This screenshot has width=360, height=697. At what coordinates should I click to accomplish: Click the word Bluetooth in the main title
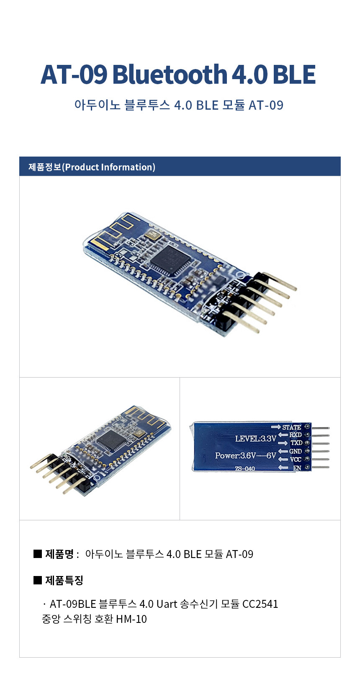(170, 75)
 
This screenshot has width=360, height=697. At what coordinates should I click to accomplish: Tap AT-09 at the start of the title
(74, 75)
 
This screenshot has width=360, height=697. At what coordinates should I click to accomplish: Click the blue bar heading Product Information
(180, 167)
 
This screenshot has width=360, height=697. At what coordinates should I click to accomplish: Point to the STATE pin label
(291, 427)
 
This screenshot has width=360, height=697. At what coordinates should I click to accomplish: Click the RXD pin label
(295, 435)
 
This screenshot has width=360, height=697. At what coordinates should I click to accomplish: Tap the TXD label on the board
(296, 443)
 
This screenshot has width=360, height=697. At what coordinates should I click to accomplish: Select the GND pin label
(295, 451)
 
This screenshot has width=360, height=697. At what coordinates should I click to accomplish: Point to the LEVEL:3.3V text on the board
(256, 439)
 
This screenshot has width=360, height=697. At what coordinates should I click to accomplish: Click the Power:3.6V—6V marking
(245, 455)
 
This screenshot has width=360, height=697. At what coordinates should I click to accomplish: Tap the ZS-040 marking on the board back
(244, 468)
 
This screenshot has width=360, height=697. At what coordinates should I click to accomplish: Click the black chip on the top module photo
(170, 260)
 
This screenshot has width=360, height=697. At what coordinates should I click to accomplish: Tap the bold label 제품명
(59, 554)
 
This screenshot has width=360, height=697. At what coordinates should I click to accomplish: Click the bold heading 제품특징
(64, 580)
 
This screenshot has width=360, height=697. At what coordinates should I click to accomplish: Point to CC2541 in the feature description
(260, 604)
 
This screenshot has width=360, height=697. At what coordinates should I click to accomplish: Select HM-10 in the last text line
(131, 619)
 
